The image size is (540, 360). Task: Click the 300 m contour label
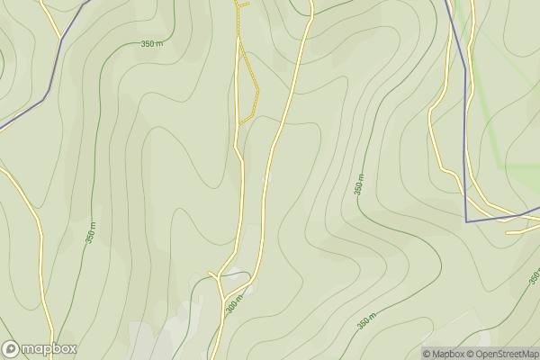point(235,304)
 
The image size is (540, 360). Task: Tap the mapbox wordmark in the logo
point(49,348)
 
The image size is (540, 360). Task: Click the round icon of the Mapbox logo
point(11,348)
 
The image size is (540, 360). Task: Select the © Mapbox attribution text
point(445,354)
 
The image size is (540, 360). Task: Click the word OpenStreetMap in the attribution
point(508,354)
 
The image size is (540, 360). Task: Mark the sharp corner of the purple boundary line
point(466,220)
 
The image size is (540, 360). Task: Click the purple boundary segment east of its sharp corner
point(504,216)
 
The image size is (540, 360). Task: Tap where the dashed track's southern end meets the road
point(238,124)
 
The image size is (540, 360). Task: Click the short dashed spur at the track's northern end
point(241,4)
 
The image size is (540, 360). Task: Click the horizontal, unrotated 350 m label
point(152,43)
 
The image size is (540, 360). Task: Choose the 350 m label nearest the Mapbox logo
point(91,230)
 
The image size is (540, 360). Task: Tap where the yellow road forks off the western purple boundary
point(61,39)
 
